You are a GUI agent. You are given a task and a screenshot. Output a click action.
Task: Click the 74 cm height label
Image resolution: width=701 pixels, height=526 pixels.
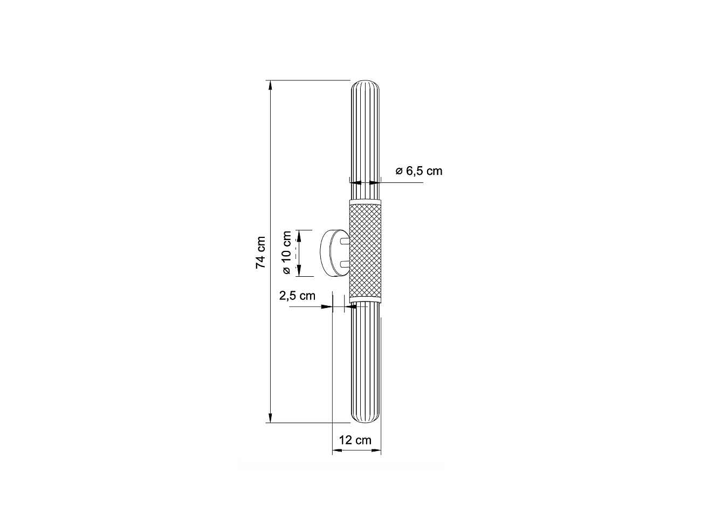click(x=260, y=252)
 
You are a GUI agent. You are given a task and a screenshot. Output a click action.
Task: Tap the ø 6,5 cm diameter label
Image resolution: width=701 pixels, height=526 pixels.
click(x=418, y=171)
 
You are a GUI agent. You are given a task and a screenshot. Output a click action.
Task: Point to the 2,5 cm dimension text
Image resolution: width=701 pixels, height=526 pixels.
click(x=297, y=296)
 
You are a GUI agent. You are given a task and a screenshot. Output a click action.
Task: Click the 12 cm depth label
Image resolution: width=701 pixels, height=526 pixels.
click(x=355, y=440)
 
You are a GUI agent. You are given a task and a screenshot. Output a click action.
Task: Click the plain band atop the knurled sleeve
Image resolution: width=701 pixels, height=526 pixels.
click(x=366, y=201)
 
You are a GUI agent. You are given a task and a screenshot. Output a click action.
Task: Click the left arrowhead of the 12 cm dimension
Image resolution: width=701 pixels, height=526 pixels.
click(x=336, y=449)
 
